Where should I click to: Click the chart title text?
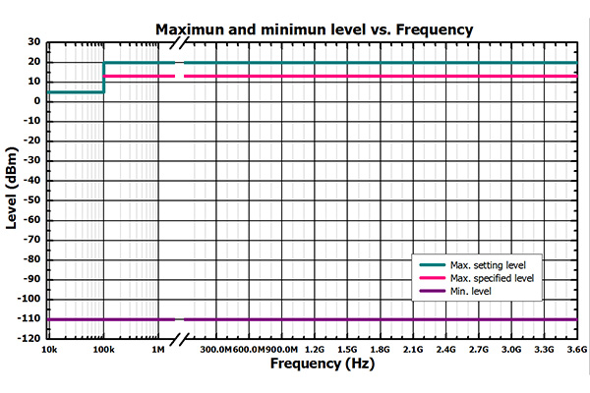[315, 29]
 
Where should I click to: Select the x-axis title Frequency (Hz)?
[314, 364]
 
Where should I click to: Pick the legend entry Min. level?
[472, 291]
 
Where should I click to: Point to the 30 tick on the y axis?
[32, 42]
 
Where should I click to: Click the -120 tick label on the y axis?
[28, 339]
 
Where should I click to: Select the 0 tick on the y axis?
[35, 101]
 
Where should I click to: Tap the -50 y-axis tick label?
[29, 200]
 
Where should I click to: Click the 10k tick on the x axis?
[46, 349]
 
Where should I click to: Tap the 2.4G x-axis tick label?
[445, 349]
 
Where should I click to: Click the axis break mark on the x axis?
[180, 340]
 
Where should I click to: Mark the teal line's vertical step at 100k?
[103, 78]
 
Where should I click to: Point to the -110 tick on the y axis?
[28, 319]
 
